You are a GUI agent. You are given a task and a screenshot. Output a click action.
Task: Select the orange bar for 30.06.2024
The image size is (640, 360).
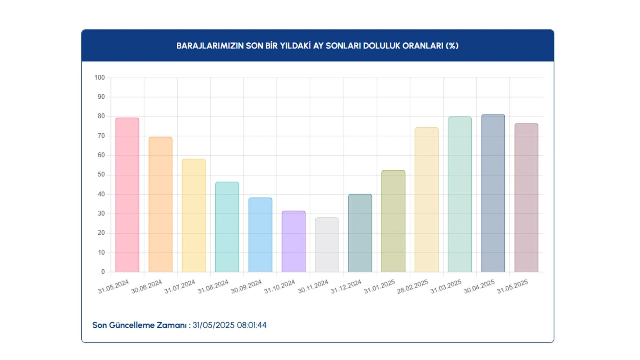click(160, 204)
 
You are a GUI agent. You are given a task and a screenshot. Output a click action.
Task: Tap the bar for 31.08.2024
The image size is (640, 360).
click(227, 227)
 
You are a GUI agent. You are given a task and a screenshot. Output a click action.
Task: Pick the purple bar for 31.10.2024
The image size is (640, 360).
click(294, 241)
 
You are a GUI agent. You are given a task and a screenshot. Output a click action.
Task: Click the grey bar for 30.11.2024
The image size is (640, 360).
click(327, 244)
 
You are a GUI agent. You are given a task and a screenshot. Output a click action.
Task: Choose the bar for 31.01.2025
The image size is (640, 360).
click(393, 221)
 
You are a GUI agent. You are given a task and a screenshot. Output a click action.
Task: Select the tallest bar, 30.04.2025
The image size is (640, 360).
click(493, 193)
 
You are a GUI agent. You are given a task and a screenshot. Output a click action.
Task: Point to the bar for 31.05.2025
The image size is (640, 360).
click(526, 198)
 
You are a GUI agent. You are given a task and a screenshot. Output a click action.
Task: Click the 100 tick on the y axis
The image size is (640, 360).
click(100, 78)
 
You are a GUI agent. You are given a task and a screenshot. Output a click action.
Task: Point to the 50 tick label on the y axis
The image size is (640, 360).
click(101, 175)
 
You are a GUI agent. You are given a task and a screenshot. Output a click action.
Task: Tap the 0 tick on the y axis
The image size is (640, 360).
click(103, 272)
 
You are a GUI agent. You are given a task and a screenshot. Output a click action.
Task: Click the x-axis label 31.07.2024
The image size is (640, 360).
click(180, 286)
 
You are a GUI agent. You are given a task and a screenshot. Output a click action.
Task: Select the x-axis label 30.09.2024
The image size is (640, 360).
click(246, 286)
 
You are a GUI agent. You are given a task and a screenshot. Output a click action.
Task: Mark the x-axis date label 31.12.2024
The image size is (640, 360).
click(346, 286)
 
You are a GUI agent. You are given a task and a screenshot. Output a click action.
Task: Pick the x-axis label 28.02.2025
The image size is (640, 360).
click(412, 286)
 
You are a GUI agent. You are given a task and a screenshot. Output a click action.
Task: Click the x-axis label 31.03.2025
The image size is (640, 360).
click(446, 286)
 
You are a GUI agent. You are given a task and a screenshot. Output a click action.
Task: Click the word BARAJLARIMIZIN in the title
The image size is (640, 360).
click(210, 46)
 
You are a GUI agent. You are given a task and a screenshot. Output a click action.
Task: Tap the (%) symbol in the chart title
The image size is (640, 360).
click(452, 46)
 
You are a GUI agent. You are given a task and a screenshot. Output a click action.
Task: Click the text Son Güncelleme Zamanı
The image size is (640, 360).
click(140, 325)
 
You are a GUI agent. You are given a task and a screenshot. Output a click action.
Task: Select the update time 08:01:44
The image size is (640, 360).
click(252, 325)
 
